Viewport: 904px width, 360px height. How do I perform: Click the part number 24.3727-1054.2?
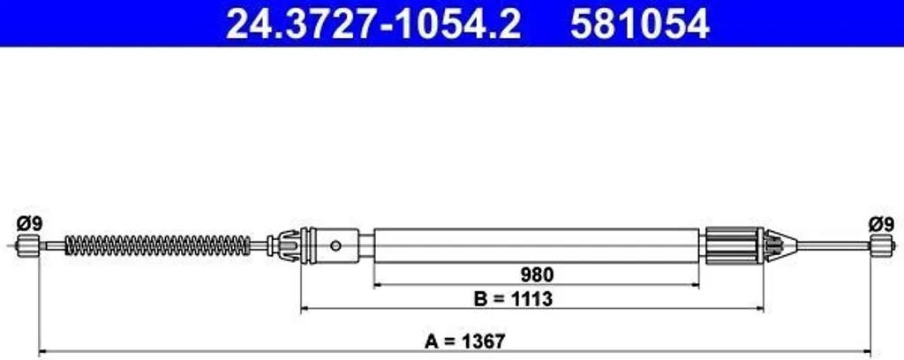click(373, 24)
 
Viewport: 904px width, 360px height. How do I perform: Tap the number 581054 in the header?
click(640, 24)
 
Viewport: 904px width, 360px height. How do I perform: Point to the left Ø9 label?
click(29, 224)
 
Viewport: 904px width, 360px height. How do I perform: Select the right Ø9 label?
click(881, 224)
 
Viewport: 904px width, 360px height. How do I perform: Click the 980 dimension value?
click(537, 274)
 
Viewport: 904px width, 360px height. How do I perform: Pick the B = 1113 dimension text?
click(513, 299)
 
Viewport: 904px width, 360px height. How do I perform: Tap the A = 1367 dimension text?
click(464, 341)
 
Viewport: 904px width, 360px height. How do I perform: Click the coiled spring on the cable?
click(158, 245)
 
